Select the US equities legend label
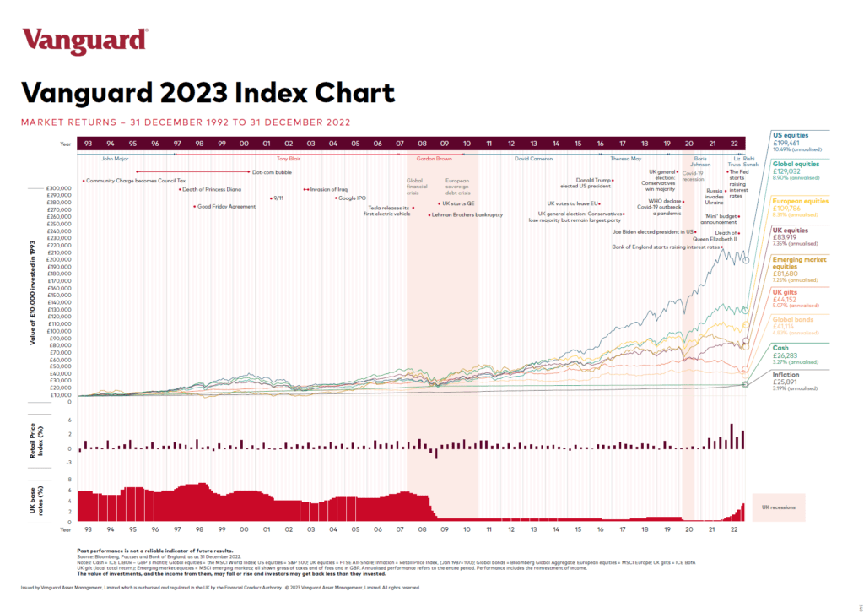click(790, 135)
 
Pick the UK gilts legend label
click(786, 291)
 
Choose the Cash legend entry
click(781, 347)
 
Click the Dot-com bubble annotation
click(272, 171)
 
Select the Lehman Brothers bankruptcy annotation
click(467, 214)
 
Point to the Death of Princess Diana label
click(213, 189)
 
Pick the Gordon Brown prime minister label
click(436, 158)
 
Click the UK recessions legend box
click(777, 508)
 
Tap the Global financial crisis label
click(415, 187)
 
